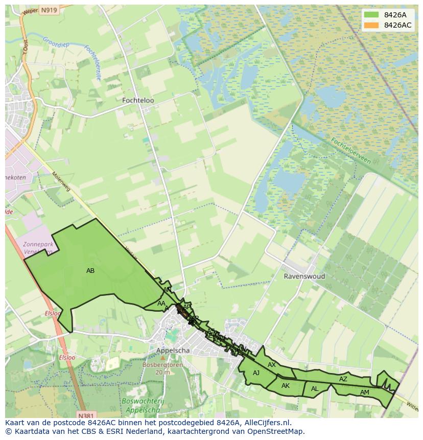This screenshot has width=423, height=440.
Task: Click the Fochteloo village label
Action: pyautogui.click(x=138, y=101)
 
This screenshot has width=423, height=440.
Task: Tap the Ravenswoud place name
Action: pyautogui.click(x=304, y=276)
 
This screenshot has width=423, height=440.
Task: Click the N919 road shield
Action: pyautogui.click(x=49, y=10)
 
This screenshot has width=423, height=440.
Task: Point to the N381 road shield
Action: pyautogui.click(x=87, y=415)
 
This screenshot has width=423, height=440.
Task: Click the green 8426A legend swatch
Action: pyautogui.click(x=371, y=14)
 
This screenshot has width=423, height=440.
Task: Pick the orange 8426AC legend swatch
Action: pyautogui.click(x=371, y=25)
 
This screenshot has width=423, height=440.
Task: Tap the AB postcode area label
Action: pyautogui.click(x=90, y=271)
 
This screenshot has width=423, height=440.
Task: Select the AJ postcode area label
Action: pyautogui.click(x=256, y=373)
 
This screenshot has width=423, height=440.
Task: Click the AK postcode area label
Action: pyautogui.click(x=286, y=386)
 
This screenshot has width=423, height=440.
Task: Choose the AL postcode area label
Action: pyautogui.click(x=315, y=389)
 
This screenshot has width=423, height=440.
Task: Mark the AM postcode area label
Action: pyautogui.click(x=364, y=392)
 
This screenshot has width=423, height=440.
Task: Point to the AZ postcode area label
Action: pyautogui.click(x=343, y=379)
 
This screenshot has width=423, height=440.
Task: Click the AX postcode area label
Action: pyautogui.click(x=272, y=365)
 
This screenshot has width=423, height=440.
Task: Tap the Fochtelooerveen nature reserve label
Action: pyautogui.click(x=350, y=150)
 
